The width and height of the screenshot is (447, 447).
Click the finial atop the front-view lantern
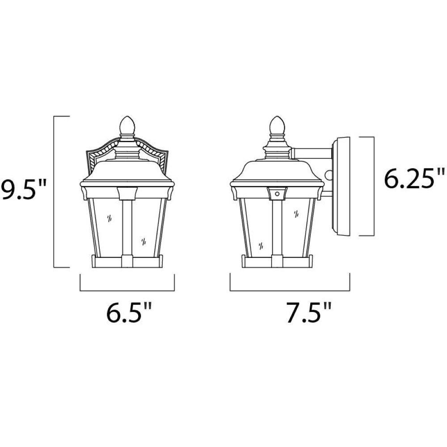(127, 126)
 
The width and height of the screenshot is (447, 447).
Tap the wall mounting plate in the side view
(341, 186)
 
